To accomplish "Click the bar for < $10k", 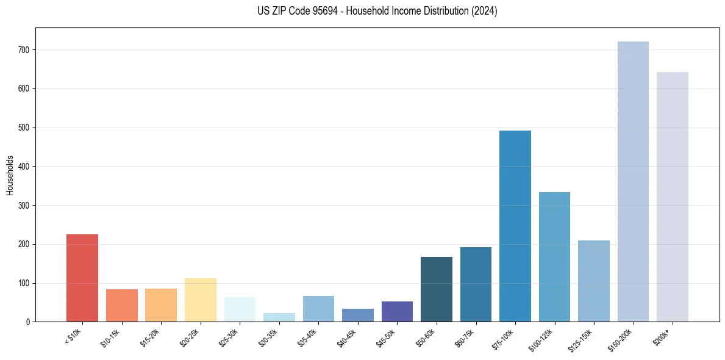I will (82, 278).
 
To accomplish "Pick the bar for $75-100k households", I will (515, 226).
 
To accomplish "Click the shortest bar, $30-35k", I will (279, 317).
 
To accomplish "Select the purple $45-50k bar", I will (397, 312).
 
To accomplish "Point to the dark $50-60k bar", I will (437, 289).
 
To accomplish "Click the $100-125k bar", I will (554, 257).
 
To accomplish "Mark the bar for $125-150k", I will (594, 281).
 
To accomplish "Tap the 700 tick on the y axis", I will (26, 49).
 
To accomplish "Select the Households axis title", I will (10, 175).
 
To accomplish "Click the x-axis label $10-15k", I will (110, 337).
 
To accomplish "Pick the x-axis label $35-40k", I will (307, 337).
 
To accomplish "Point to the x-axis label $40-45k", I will (346, 337).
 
